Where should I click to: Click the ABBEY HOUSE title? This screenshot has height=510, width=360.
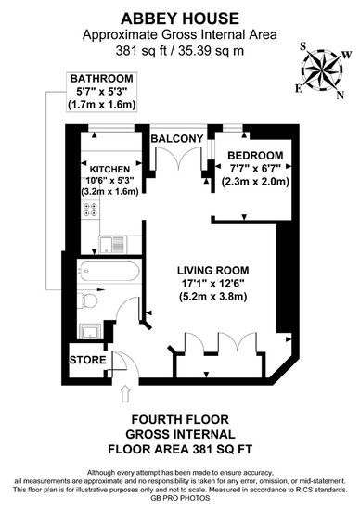(x=180, y=19)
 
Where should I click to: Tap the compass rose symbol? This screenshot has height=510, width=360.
(x=323, y=70)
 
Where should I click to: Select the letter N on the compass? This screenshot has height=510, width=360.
(x=341, y=95)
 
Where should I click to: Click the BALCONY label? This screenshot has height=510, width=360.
(x=176, y=138)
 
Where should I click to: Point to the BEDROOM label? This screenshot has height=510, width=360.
(x=255, y=156)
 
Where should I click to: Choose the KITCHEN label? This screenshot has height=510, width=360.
(x=109, y=170)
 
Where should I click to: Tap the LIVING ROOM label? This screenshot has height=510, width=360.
(x=213, y=270)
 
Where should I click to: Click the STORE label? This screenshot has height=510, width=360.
(x=88, y=360)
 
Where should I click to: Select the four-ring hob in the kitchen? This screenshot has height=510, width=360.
(x=91, y=210)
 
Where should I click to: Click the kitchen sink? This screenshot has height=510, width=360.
(x=112, y=245)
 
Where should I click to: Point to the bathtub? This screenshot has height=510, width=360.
(x=109, y=272)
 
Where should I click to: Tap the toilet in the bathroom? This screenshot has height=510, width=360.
(x=87, y=300)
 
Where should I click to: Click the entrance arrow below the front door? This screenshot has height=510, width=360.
(x=125, y=394)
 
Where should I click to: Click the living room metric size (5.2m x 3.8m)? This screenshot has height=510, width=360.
(x=213, y=297)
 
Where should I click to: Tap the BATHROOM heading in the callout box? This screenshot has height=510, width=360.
(x=101, y=79)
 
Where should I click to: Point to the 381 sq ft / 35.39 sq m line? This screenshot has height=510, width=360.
(x=180, y=51)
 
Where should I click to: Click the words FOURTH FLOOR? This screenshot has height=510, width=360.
(x=180, y=419)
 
